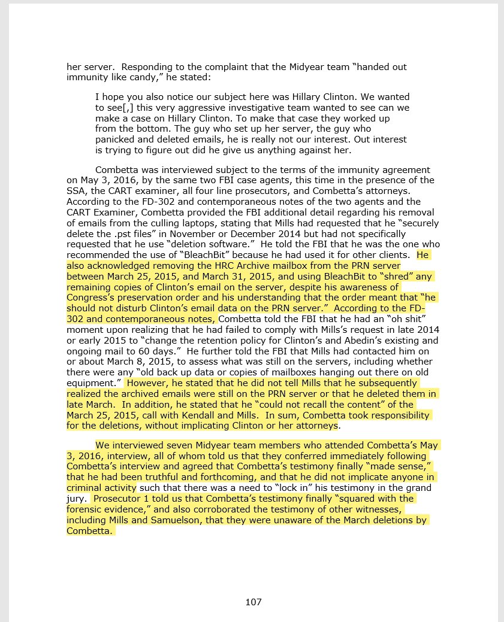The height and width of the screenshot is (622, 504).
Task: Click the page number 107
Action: [x=253, y=602]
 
